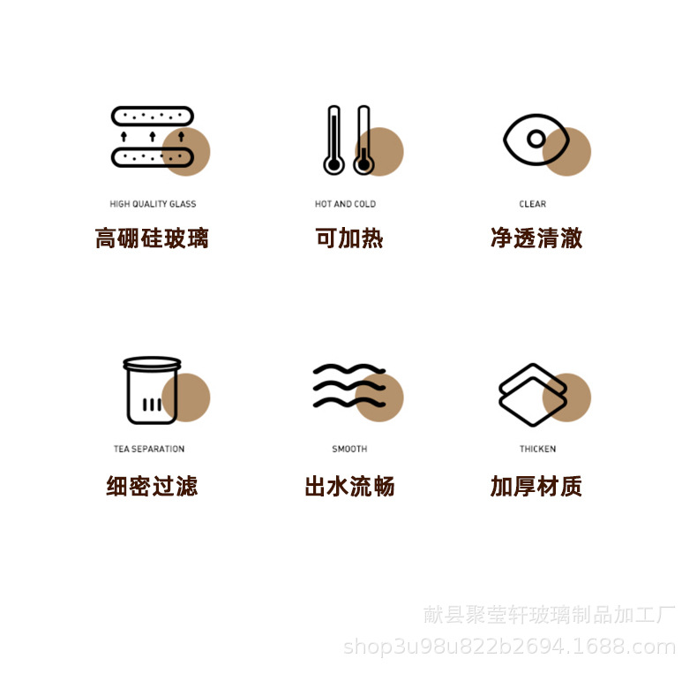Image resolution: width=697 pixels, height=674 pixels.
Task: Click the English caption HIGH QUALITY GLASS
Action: click(153, 204)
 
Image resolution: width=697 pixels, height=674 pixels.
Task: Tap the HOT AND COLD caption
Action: click(345, 204)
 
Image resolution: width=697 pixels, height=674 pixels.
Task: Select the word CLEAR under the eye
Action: click(533, 204)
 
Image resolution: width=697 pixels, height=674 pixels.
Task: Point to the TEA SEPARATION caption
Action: click(149, 449)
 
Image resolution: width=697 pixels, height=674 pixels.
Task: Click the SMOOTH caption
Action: click(350, 449)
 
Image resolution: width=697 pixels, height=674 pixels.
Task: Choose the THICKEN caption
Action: click(538, 449)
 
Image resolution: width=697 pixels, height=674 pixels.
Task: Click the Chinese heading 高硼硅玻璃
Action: click(152, 238)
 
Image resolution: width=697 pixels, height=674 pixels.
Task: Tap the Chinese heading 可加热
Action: click(349, 238)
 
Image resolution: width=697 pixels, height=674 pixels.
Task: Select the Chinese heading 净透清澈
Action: click(536, 238)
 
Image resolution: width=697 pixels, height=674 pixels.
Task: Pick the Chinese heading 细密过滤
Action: click(152, 486)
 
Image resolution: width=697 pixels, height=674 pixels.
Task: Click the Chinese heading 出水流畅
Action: click(350, 486)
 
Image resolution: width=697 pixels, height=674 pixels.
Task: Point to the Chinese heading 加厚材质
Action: click(536, 486)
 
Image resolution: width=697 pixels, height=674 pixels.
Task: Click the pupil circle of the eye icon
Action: click(536, 139)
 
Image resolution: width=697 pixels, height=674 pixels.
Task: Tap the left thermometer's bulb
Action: click(334, 165)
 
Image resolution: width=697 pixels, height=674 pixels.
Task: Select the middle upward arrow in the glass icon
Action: click(153, 136)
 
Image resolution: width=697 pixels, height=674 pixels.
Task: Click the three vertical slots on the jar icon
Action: click(152, 405)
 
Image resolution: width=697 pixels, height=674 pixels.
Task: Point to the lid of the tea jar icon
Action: click(152, 363)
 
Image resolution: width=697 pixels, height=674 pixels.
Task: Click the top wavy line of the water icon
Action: click(349, 369)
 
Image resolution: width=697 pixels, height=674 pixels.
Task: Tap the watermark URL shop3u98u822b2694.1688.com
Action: click(509, 647)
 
